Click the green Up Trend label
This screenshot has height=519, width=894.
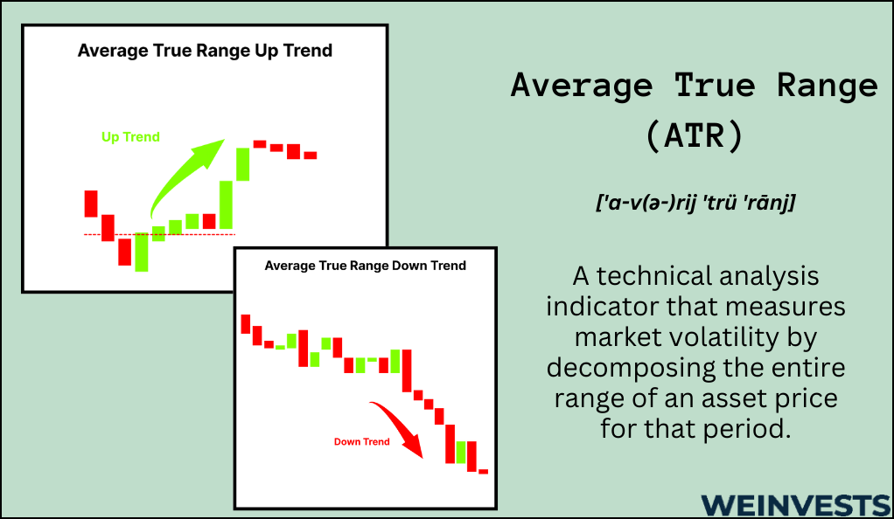tap(130, 136)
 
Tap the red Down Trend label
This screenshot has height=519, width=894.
tap(361, 441)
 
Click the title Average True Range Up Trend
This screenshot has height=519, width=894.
tap(206, 51)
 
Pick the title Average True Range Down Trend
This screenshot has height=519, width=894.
tap(366, 266)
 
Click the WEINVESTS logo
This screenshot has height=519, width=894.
tap(795, 505)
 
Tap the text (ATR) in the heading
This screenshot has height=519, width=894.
tap(695, 135)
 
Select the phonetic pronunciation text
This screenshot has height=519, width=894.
tap(695, 202)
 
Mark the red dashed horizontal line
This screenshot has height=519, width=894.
tap(159, 234)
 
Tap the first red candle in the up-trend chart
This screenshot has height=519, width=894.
tap(91, 204)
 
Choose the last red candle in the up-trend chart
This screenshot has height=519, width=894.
tap(311, 155)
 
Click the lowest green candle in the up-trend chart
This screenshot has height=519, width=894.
tap(142, 252)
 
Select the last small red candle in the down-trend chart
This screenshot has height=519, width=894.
tap(484, 471)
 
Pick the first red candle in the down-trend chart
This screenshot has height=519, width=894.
tap(246, 323)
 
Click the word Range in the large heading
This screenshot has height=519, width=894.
tap(828, 86)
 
